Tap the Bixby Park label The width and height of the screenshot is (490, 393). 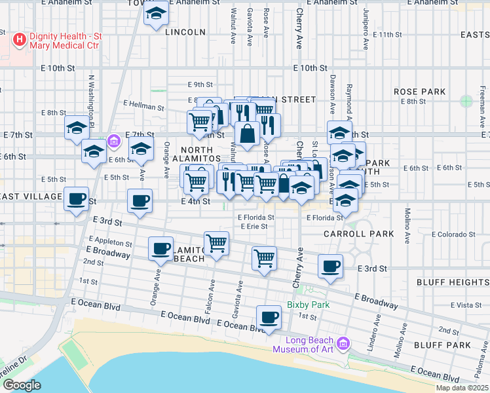pyautogui.click(x=307, y=305)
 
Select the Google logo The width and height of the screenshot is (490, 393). pyautogui.click(x=22, y=385)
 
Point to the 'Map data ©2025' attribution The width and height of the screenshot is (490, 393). pyautogui.click(x=462, y=388)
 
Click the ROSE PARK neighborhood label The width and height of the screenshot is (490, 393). pyautogui.click(x=419, y=92)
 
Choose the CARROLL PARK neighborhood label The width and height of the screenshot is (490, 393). pyautogui.click(x=358, y=233)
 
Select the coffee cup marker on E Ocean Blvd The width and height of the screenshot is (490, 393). pyautogui.click(x=269, y=318)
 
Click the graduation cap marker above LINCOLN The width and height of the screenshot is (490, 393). pyautogui.click(x=156, y=14)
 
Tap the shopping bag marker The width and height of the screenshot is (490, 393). pyautogui.click(x=248, y=134)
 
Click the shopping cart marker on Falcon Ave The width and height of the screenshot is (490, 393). pyautogui.click(x=216, y=244)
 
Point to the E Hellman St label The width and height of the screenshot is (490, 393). pyautogui.click(x=143, y=105)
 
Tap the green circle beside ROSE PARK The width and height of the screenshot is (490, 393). pyautogui.click(x=466, y=102)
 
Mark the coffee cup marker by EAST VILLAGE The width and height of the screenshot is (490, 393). pyautogui.click(x=77, y=198)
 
